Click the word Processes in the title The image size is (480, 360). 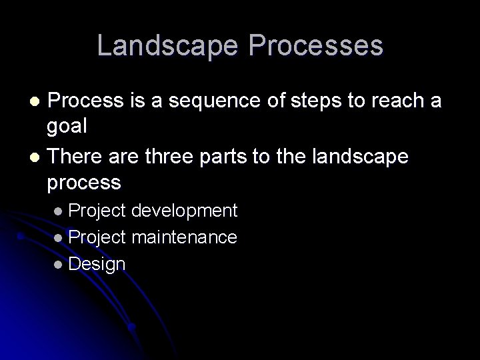click(317, 46)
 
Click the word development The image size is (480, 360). click(185, 211)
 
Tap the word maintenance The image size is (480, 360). click(185, 237)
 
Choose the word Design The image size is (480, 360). click(97, 263)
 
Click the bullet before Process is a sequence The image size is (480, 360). click(37, 102)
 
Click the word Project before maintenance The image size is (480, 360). click(97, 237)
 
